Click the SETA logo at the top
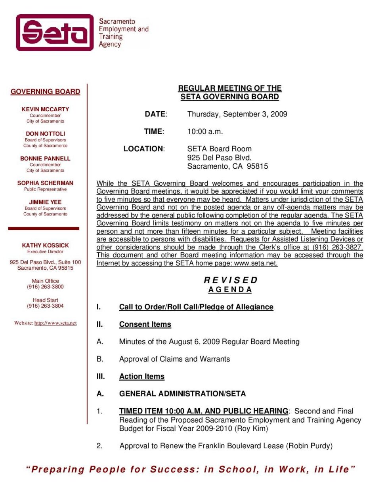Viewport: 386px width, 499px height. tap(55, 32)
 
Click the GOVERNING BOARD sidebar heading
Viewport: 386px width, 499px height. tap(45, 91)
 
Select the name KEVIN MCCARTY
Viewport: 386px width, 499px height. tap(45, 109)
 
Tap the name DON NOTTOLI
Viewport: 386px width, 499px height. tap(45, 133)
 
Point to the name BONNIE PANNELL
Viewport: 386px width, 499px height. tap(45, 158)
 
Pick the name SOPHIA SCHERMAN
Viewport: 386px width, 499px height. tap(45, 183)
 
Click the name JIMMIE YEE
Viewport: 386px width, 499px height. tap(45, 202)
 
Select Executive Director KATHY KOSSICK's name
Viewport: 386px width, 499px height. tap(45, 245)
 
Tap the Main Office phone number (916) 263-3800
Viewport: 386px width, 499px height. tap(45, 287)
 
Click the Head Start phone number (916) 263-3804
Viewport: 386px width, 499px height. tap(45, 306)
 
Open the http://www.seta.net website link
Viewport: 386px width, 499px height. tap(55, 323)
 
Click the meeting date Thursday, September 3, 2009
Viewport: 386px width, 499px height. tap(237, 114)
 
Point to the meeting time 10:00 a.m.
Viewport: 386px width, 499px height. tap(205, 131)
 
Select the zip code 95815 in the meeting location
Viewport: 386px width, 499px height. tap(257, 166)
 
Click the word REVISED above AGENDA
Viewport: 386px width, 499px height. tap(231, 280)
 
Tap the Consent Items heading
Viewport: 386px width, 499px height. tap(145, 324)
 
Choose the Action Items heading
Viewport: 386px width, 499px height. tap(141, 376)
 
